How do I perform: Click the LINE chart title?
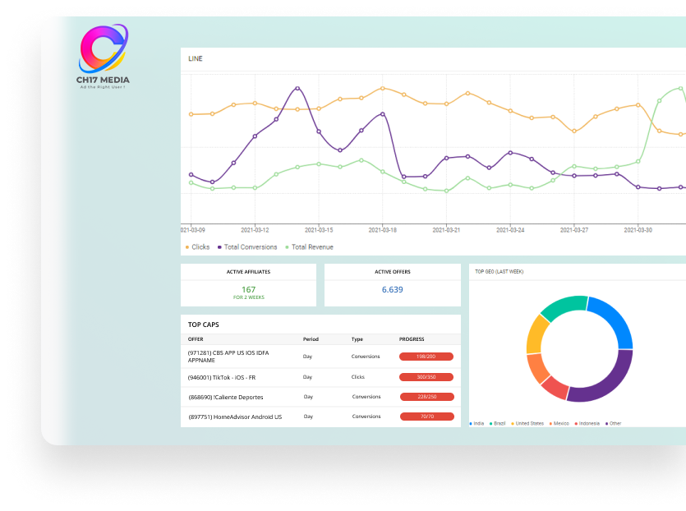pyautogui.click(x=196, y=59)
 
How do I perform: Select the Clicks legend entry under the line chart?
pyautogui.click(x=200, y=247)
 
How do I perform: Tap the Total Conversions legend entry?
pyautogui.click(x=250, y=247)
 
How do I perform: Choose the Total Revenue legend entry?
pyautogui.click(x=311, y=247)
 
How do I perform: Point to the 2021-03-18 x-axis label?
pyautogui.click(x=382, y=231)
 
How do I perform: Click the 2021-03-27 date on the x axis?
pyautogui.click(x=574, y=231)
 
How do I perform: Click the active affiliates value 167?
pyautogui.click(x=248, y=289)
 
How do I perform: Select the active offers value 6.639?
pyautogui.click(x=393, y=290)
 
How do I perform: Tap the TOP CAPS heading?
pyautogui.click(x=204, y=325)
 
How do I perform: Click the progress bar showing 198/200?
pyautogui.click(x=426, y=357)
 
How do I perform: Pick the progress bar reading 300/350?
pyautogui.click(x=426, y=377)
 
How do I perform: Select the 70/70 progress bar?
pyautogui.click(x=426, y=417)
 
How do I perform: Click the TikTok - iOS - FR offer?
pyautogui.click(x=222, y=378)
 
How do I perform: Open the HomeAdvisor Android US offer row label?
pyautogui.click(x=235, y=417)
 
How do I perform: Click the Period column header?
pyautogui.click(x=311, y=339)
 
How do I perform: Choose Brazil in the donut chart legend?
pyautogui.click(x=500, y=424)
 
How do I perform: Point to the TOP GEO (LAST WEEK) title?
pyautogui.click(x=500, y=271)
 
